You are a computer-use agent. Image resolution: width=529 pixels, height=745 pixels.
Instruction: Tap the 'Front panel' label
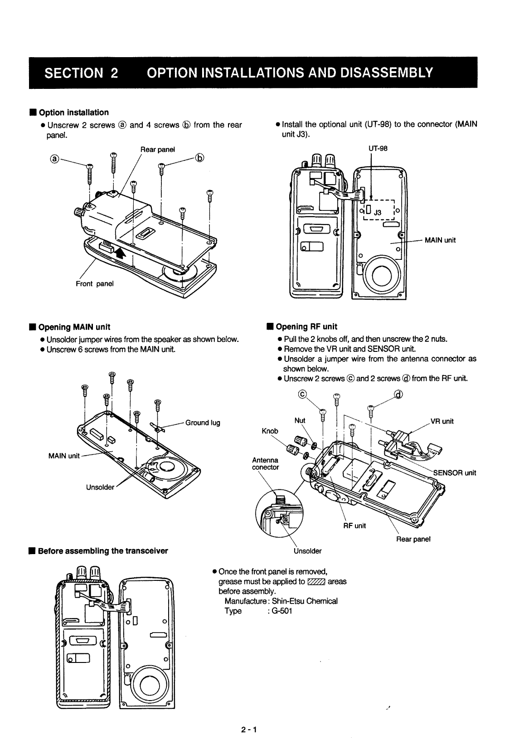[95, 284]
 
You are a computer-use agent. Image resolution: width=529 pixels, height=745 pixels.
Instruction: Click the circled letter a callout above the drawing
[54, 159]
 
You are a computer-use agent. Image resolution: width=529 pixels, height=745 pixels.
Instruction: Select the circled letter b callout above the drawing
[199, 158]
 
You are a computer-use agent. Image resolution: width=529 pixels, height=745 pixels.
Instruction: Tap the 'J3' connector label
[377, 212]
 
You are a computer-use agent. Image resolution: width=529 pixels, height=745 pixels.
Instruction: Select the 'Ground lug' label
[203, 423]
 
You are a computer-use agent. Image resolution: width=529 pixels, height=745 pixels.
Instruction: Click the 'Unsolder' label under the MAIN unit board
[100, 487]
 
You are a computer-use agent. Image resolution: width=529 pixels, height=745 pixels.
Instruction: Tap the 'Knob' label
[270, 430]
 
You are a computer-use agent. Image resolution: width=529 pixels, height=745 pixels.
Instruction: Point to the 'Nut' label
[300, 420]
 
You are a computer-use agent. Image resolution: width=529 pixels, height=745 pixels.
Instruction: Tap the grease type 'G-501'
[282, 611]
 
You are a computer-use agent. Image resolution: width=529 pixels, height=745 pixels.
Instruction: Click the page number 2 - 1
[249, 730]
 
